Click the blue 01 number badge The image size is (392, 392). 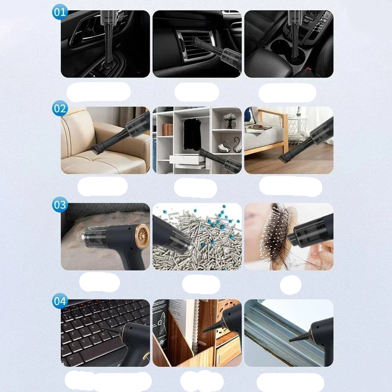click(x=60, y=12)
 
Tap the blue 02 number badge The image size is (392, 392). click(x=60, y=108)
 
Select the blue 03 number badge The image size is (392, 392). click(x=60, y=205)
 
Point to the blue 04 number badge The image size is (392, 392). click(x=60, y=301)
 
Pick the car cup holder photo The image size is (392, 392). click(x=289, y=44)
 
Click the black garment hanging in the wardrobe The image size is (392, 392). click(x=192, y=133)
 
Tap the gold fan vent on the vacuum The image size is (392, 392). click(x=142, y=236)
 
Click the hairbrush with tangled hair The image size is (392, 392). click(x=274, y=235)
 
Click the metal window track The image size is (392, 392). click(x=274, y=333)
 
